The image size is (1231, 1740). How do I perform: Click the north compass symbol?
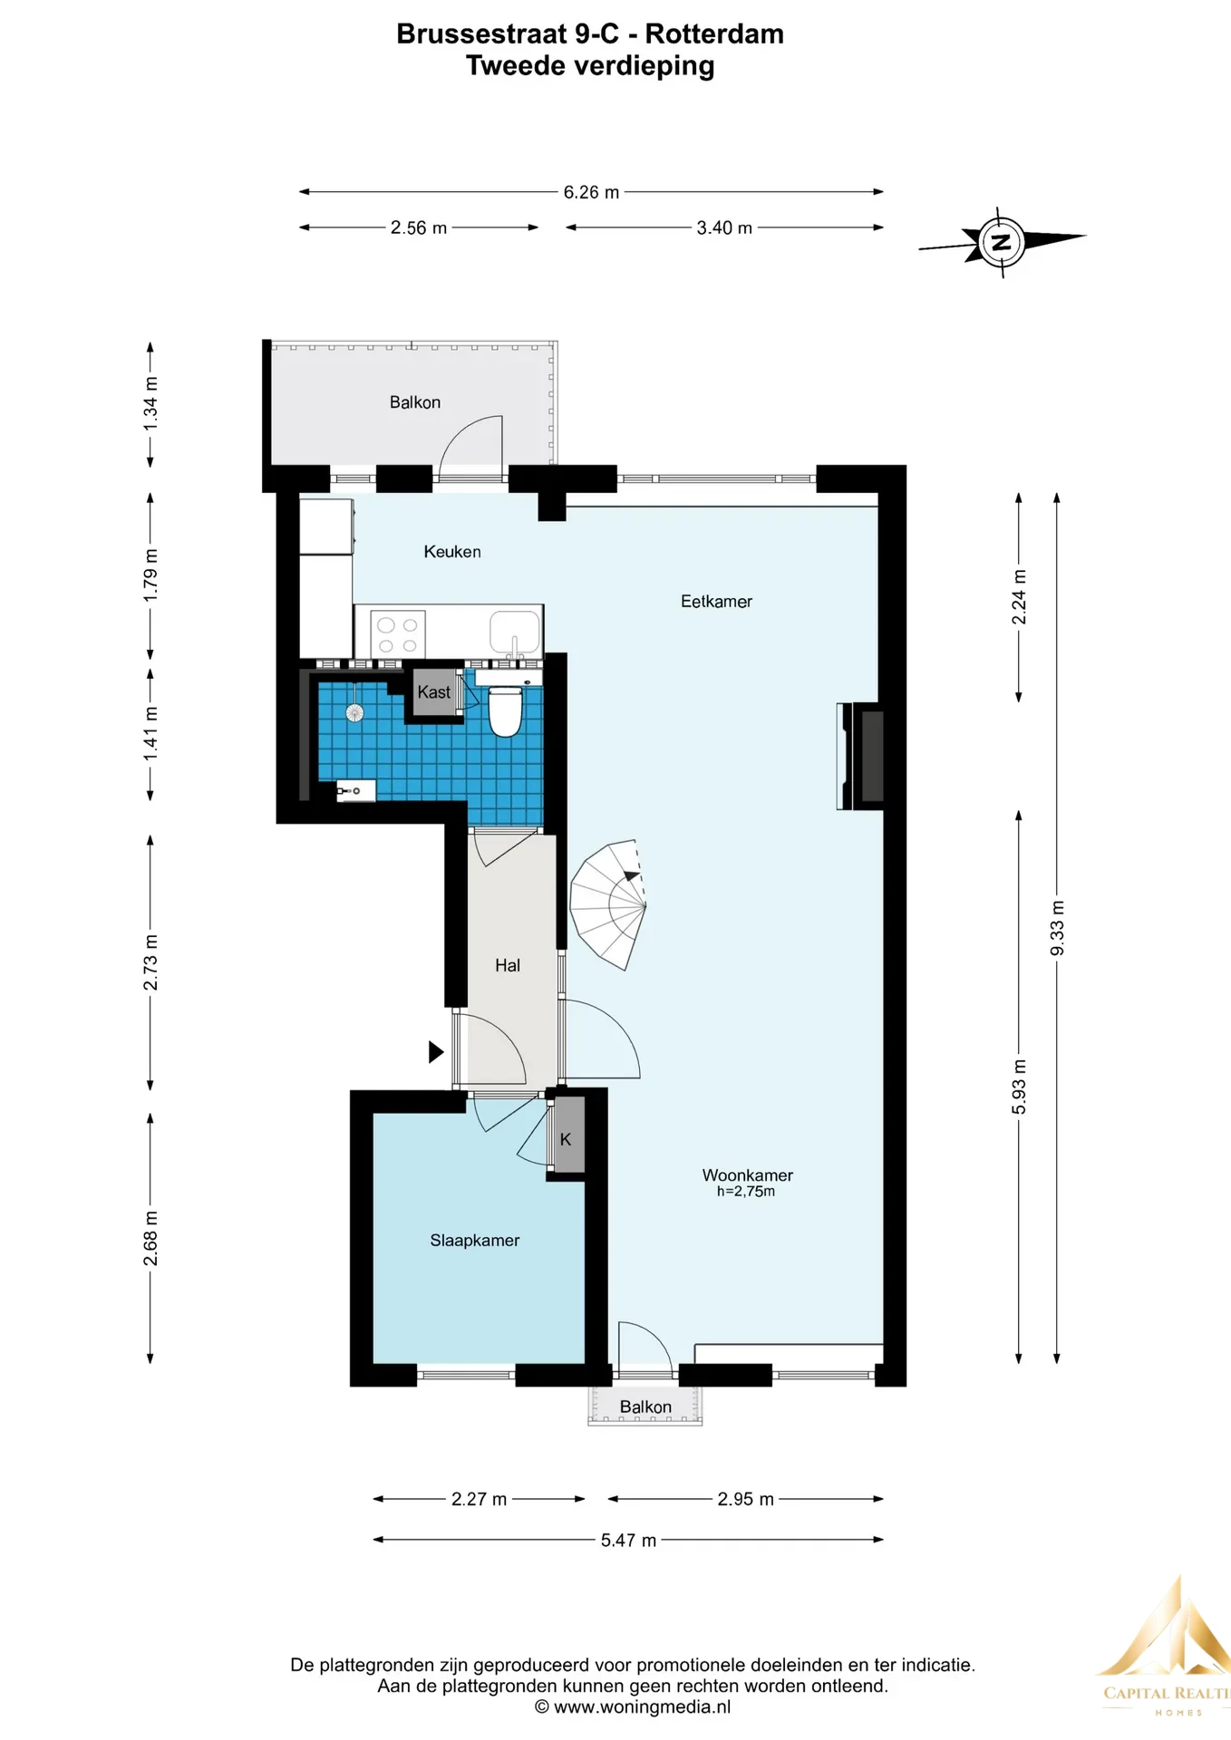click(x=1002, y=242)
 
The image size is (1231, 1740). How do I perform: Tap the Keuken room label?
click(x=452, y=551)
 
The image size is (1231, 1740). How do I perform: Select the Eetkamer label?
click(x=716, y=601)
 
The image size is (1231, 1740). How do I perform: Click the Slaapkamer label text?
click(x=475, y=1240)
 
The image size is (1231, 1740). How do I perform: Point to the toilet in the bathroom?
click(x=506, y=710)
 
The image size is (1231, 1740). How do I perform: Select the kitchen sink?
click(x=515, y=632)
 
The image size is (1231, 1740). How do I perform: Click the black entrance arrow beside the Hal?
click(x=436, y=1051)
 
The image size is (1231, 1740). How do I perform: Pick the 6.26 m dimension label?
click(x=591, y=192)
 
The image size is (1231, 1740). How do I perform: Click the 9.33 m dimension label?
click(x=1057, y=928)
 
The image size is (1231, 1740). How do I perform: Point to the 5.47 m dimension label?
click(x=628, y=1540)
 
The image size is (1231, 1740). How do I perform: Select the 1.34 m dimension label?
click(x=150, y=403)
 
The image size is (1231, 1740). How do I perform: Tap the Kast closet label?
click(x=433, y=691)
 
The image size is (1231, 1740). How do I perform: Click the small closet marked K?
click(x=567, y=1139)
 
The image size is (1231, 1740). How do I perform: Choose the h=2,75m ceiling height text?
click(x=746, y=1192)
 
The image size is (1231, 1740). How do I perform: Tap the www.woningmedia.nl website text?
click(x=642, y=1707)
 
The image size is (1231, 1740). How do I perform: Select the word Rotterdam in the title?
click(x=714, y=34)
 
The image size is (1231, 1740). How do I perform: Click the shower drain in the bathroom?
click(x=354, y=712)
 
